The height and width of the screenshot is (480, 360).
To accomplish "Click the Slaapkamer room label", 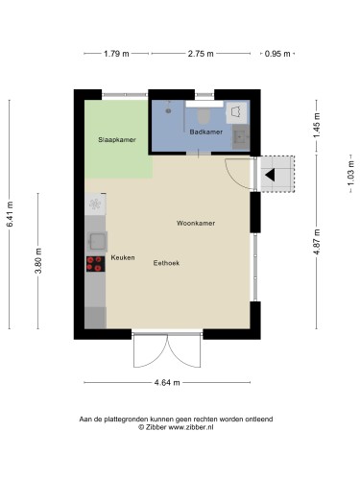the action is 117,140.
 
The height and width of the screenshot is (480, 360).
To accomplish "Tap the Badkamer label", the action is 206,132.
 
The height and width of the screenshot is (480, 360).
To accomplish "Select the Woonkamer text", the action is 196,223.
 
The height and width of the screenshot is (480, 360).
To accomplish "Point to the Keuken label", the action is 123,257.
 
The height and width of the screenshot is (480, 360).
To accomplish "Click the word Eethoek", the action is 166,263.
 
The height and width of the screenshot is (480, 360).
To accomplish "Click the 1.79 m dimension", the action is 116,54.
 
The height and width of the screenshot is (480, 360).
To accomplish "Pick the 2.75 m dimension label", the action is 201,54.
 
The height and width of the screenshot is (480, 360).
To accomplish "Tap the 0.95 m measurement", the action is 277,54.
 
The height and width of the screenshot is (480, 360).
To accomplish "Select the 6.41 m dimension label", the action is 10,214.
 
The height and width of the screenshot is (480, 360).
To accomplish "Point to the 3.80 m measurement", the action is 38,261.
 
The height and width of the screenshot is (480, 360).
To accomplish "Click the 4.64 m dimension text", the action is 167,382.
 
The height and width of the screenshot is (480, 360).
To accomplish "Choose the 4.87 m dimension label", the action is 317,242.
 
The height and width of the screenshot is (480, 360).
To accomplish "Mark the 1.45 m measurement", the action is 317,126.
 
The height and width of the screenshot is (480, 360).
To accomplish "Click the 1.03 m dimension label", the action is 351,173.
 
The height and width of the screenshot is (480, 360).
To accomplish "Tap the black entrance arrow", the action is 270,175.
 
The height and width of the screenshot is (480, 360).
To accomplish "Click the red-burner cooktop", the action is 96,264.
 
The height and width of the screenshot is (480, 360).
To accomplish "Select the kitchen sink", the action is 97,241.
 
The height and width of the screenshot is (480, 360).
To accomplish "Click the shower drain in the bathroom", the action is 168,110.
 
